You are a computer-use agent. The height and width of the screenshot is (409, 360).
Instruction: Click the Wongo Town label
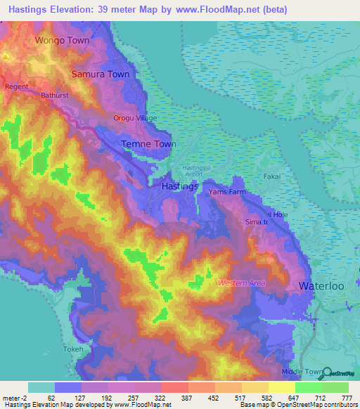click(x=63, y=40)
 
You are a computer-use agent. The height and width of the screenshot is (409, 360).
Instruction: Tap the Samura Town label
click(x=100, y=74)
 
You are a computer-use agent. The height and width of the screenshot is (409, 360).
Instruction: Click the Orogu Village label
click(x=136, y=118)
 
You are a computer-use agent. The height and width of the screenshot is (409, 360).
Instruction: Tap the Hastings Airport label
click(x=194, y=171)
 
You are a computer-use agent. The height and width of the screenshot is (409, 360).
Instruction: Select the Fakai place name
click(x=272, y=177)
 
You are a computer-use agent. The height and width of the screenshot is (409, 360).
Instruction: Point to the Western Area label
click(x=241, y=283)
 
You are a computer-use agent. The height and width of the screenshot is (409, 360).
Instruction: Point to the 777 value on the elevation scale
click(x=346, y=398)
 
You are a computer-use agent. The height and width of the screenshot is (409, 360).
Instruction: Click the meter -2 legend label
click(x=15, y=398)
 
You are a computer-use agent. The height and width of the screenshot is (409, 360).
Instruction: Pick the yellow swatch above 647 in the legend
click(x=281, y=387)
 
